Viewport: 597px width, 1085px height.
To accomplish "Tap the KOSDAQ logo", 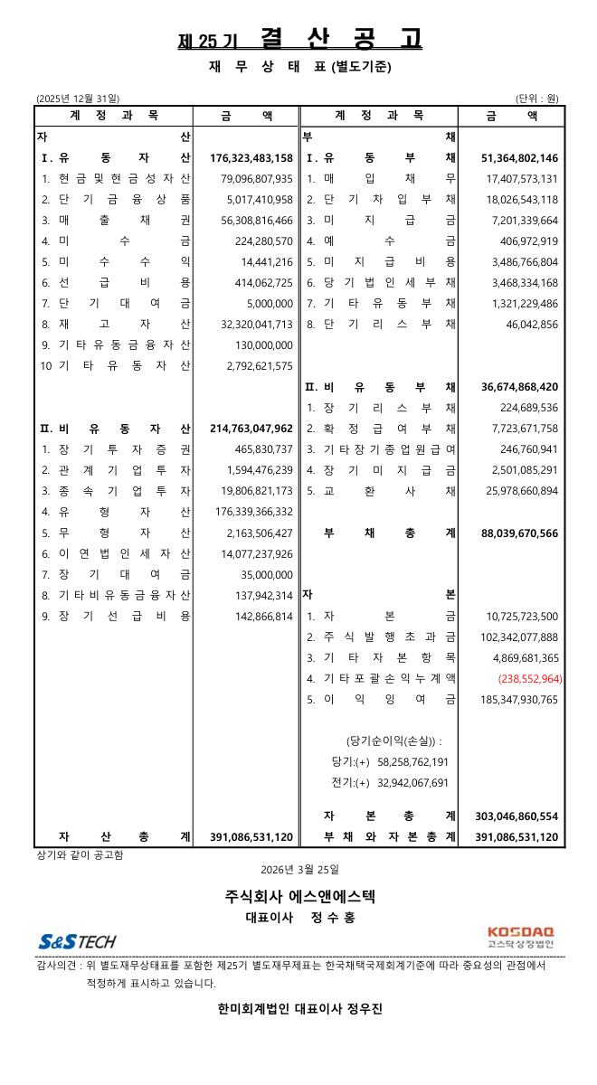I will (520, 937).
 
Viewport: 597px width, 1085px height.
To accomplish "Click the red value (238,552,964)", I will (529, 678).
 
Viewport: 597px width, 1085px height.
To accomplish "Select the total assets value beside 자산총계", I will (251, 837).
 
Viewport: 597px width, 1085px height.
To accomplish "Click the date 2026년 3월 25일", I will (298, 870).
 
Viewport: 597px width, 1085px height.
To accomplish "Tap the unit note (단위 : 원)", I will (538, 98).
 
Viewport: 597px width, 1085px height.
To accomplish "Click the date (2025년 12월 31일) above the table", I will (77, 98).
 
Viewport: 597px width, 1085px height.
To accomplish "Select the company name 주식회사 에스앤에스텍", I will (299, 897).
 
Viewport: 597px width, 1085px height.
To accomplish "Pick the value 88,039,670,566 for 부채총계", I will (520, 533).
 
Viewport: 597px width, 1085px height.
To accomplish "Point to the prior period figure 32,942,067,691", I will (412, 783).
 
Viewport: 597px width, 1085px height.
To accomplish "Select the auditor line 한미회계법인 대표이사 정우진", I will (299, 1009).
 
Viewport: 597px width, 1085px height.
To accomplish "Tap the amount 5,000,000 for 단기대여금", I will (270, 303).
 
